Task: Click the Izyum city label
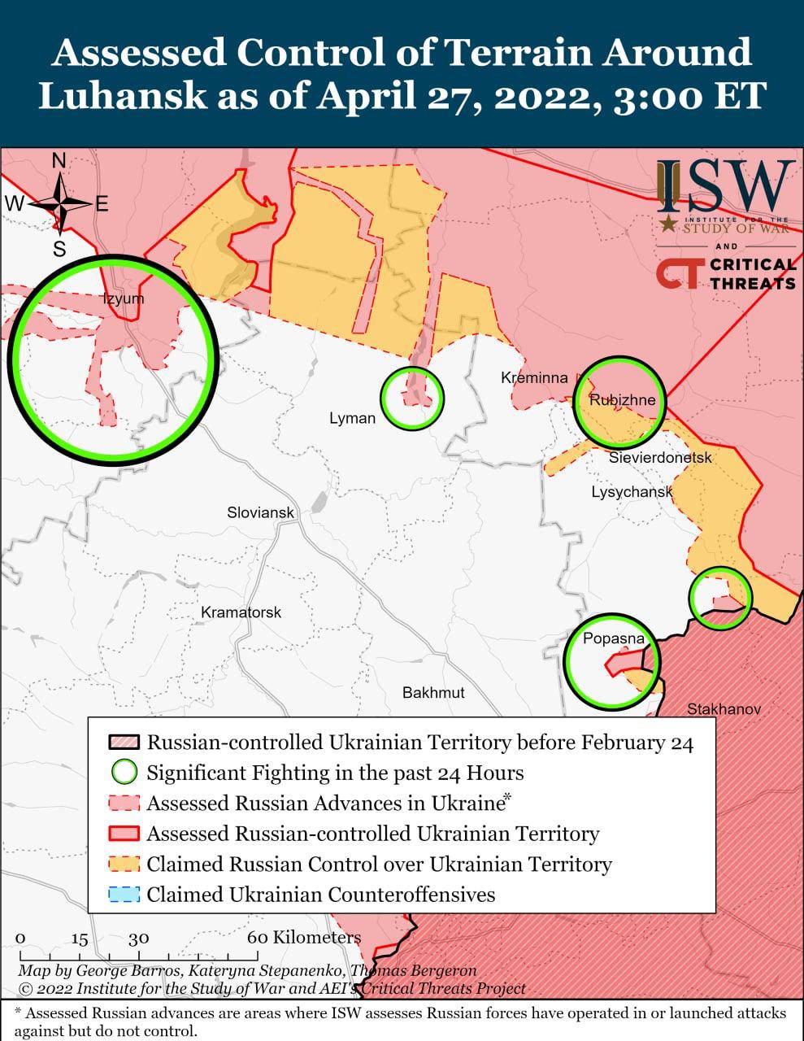point(123,298)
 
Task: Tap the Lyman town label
point(352,418)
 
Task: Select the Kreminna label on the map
point(534,378)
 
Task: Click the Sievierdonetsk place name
point(660,458)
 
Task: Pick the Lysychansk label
point(632,492)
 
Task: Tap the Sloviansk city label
point(260,513)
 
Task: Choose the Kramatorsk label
point(241,612)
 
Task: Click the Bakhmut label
point(433,692)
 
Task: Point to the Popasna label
point(613,638)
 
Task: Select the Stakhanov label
point(724,709)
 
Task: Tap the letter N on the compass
point(59,161)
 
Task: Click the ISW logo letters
point(725,185)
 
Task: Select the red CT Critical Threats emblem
point(677,274)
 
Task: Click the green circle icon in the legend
point(124,772)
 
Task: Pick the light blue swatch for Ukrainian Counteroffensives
point(124,895)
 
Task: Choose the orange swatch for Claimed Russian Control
point(124,864)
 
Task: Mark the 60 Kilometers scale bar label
point(304,937)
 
